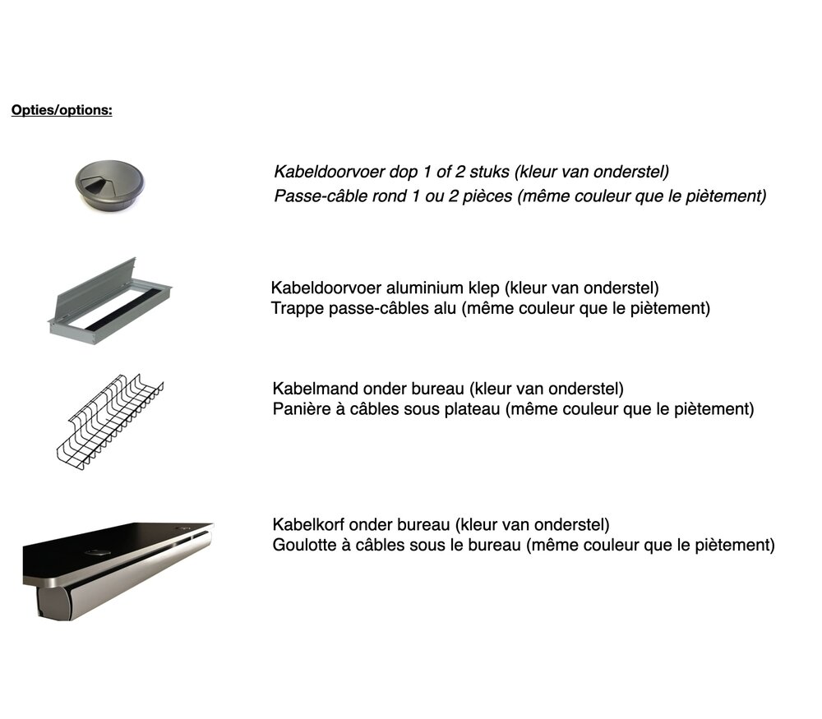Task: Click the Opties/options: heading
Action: pos(62,110)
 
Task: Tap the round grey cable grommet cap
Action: pos(109,186)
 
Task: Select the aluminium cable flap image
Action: pos(110,301)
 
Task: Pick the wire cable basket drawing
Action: pos(110,422)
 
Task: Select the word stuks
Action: pos(489,172)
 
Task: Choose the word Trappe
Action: pos(298,309)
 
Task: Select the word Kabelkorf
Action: pos(308,524)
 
